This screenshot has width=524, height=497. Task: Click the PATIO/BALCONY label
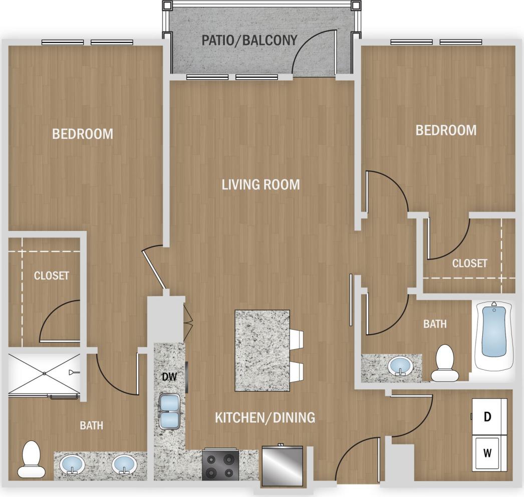tap(249, 40)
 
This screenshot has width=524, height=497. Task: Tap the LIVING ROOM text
tap(260, 184)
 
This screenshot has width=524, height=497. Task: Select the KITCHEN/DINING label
tap(265, 417)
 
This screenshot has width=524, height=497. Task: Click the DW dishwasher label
tap(169, 377)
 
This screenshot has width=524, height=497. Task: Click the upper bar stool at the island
tap(297, 339)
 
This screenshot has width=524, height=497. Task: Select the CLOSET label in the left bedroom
tap(51, 276)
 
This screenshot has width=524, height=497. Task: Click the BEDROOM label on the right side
tap(446, 130)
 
